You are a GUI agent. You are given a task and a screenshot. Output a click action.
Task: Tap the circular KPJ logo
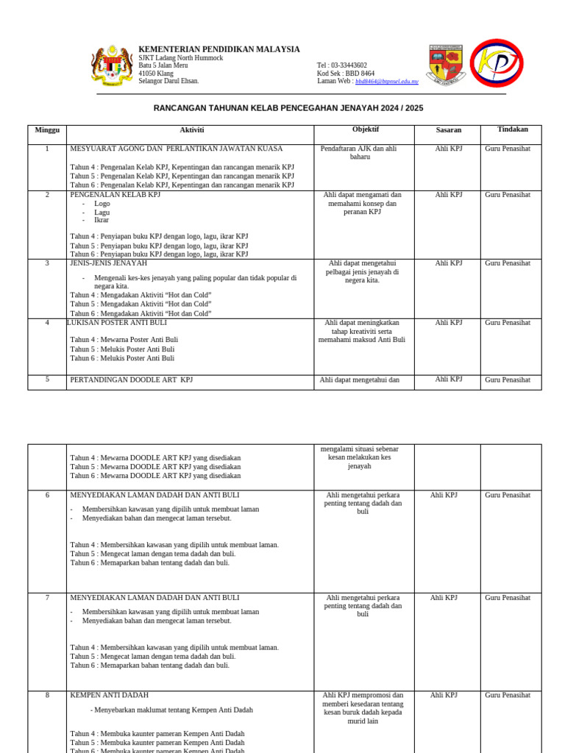click(497, 63)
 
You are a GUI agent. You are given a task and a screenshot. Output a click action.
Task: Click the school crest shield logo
click(447, 65)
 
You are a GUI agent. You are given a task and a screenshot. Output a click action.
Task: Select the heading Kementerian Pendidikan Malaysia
click(219, 49)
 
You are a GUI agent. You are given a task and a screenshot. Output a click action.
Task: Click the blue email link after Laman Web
click(386, 82)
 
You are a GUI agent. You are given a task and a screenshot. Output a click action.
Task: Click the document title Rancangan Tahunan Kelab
click(288, 108)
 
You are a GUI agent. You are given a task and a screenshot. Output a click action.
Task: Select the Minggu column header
click(47, 130)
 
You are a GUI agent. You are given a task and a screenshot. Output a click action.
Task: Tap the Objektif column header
click(365, 129)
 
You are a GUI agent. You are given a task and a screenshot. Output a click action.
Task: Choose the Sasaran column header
click(448, 130)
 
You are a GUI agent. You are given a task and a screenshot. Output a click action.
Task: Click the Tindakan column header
click(512, 129)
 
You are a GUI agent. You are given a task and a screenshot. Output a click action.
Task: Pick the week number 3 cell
click(47, 263)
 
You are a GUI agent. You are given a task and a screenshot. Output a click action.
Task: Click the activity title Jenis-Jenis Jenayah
click(108, 263)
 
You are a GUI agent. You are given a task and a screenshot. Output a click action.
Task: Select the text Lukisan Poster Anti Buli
click(117, 323)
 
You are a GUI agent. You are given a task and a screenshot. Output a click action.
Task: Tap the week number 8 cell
click(47, 695)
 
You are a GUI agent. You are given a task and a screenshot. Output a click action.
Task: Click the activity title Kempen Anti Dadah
click(109, 695)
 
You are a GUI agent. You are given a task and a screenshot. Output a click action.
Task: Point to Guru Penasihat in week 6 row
click(508, 496)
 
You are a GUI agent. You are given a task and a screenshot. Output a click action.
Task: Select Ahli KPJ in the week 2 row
click(448, 195)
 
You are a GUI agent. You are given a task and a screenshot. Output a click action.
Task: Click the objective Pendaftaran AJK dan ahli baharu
click(358, 153)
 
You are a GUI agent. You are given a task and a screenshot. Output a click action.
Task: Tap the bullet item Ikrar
click(102, 220)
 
